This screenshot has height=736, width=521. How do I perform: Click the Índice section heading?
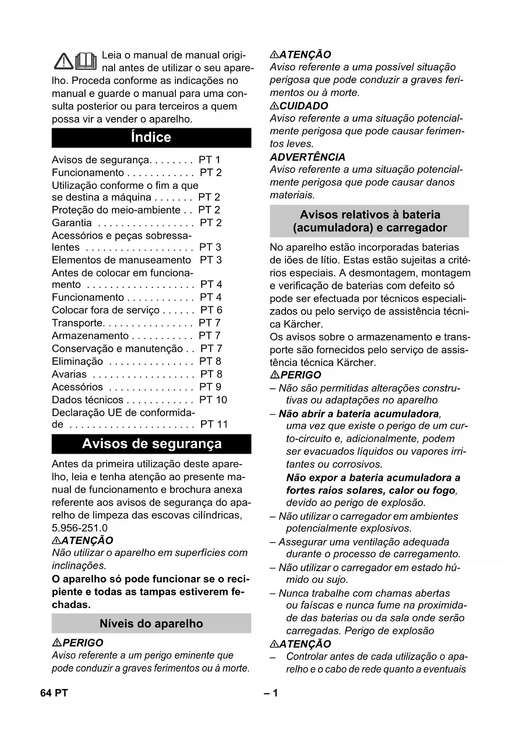(151, 138)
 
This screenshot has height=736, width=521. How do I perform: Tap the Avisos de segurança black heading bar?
(151, 444)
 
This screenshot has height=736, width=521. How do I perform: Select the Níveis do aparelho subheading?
(151, 624)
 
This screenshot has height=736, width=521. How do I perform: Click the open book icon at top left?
(86, 61)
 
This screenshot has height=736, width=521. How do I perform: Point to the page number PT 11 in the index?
(214, 425)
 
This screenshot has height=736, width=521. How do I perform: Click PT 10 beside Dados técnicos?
(213, 400)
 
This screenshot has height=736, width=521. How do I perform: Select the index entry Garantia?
(72, 223)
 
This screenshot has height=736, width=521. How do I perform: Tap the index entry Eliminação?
(77, 361)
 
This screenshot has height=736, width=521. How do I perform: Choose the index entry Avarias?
(69, 374)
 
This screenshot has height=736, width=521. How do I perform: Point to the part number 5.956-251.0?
(80, 528)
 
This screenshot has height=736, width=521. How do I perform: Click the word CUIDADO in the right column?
(304, 106)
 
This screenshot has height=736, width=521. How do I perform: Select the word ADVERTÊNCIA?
(307, 157)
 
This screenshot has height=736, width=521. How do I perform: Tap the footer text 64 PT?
(54, 693)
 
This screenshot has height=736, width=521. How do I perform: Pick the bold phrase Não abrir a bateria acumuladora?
(359, 414)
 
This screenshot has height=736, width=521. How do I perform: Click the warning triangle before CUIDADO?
(274, 106)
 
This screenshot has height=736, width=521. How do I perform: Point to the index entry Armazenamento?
(90, 336)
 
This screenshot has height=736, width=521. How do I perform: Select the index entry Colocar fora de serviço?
(105, 310)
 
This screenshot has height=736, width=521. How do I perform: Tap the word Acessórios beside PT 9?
(77, 387)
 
